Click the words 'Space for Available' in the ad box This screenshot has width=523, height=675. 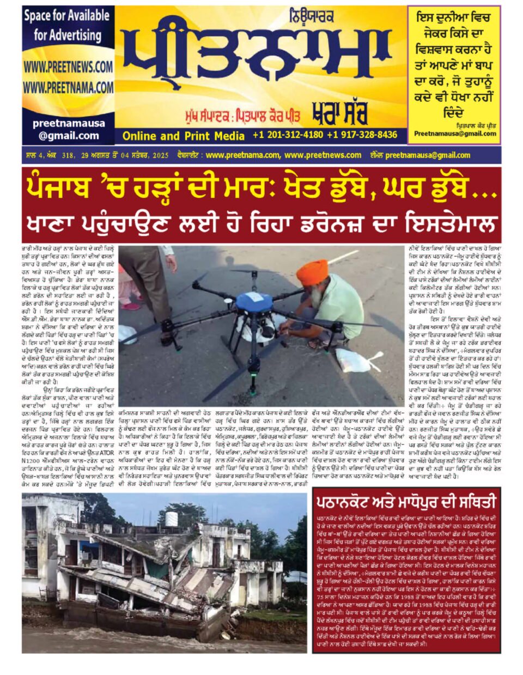click(x=68, y=16)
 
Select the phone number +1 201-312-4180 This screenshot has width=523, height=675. click(x=287, y=135)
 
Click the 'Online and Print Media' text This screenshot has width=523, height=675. click(x=183, y=136)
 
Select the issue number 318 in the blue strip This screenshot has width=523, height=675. click(x=69, y=155)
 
